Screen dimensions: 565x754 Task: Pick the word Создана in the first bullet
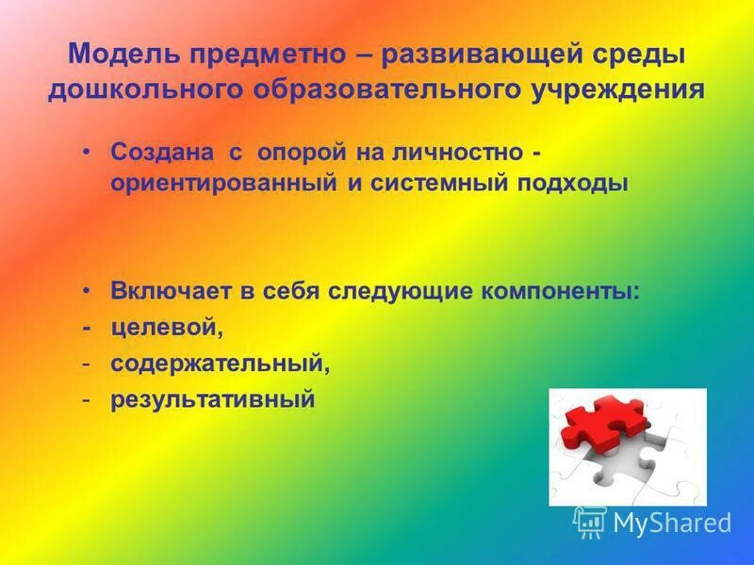(156, 153)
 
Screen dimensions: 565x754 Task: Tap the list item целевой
(166, 328)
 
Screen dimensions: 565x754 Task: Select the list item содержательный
(220, 363)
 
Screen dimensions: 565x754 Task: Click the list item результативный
(212, 399)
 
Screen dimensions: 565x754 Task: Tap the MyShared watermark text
(672, 523)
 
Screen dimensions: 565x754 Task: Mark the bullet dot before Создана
(86, 152)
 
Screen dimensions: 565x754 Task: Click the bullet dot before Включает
(86, 290)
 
